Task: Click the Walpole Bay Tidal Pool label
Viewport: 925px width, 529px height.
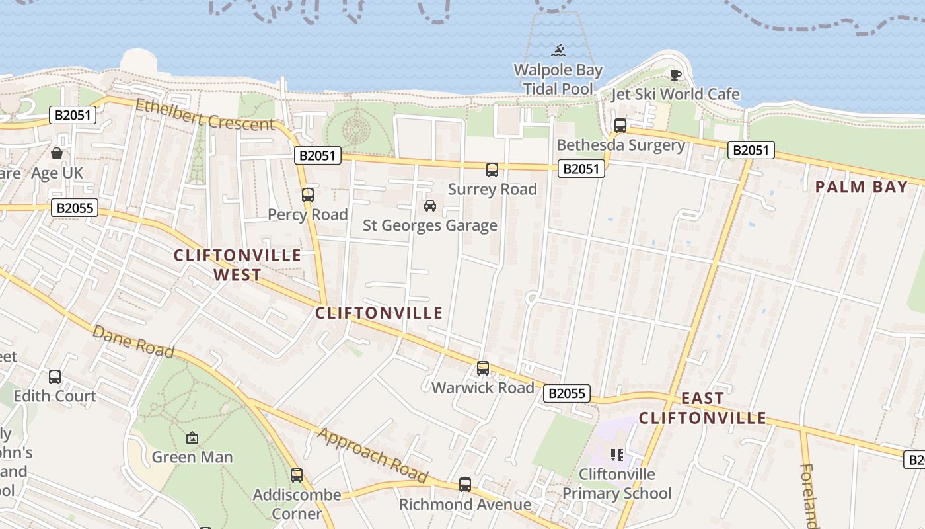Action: pos(558,79)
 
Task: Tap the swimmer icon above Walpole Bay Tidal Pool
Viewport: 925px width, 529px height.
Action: pos(559,50)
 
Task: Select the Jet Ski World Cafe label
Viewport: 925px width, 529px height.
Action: pos(675,94)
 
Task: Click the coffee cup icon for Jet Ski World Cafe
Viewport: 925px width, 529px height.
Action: pos(675,75)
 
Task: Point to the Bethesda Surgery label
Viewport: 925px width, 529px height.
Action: pos(620,145)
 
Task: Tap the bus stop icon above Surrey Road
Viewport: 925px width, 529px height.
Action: pos(492,170)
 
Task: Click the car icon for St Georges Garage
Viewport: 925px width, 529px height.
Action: pos(430,206)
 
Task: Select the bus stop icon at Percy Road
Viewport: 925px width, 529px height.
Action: pos(308,194)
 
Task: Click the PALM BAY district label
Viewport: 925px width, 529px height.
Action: pos(862,187)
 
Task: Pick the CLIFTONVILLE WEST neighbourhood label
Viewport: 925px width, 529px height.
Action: pos(237,264)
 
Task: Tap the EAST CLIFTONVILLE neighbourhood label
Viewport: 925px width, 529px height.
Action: pos(702,408)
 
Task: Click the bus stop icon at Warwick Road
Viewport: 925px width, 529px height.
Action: pos(483,368)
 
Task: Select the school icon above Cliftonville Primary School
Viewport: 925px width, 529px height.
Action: pos(617,454)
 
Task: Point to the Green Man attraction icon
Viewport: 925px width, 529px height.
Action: pos(192,438)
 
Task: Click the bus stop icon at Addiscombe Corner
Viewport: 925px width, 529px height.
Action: pos(297,475)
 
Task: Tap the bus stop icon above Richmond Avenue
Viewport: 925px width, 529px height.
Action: pos(465,485)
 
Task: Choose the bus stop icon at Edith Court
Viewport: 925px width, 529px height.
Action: pos(55,377)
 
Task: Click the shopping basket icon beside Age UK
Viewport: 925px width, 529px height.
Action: pos(57,154)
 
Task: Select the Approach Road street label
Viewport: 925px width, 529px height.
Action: pos(373,455)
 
